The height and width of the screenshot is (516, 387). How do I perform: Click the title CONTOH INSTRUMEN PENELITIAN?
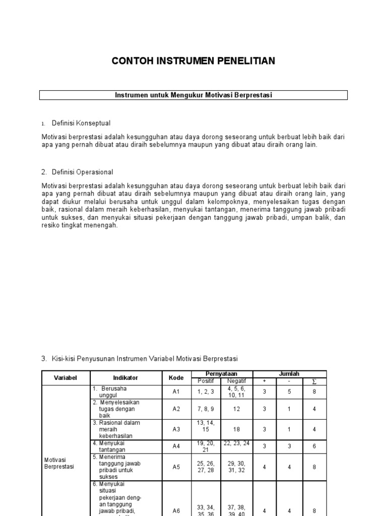193,61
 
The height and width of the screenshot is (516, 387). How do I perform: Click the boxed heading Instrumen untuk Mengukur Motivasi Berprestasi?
193,95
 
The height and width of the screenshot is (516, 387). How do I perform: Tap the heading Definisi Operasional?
82,172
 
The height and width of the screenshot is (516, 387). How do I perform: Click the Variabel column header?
64,377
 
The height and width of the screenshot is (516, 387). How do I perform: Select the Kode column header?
176,377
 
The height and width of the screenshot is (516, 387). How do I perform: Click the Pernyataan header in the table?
221,374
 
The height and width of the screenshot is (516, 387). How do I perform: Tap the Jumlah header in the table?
289,374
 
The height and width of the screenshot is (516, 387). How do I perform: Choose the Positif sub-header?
206,381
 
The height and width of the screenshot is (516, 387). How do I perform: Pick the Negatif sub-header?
236,381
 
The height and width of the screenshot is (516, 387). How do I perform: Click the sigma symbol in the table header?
314,381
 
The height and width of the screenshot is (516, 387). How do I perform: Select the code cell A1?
176,392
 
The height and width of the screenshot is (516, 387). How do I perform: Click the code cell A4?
176,446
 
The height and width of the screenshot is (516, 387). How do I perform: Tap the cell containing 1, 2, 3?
206,392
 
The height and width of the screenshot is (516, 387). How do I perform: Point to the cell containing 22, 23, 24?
236,443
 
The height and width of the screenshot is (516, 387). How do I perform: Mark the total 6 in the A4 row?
314,446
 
